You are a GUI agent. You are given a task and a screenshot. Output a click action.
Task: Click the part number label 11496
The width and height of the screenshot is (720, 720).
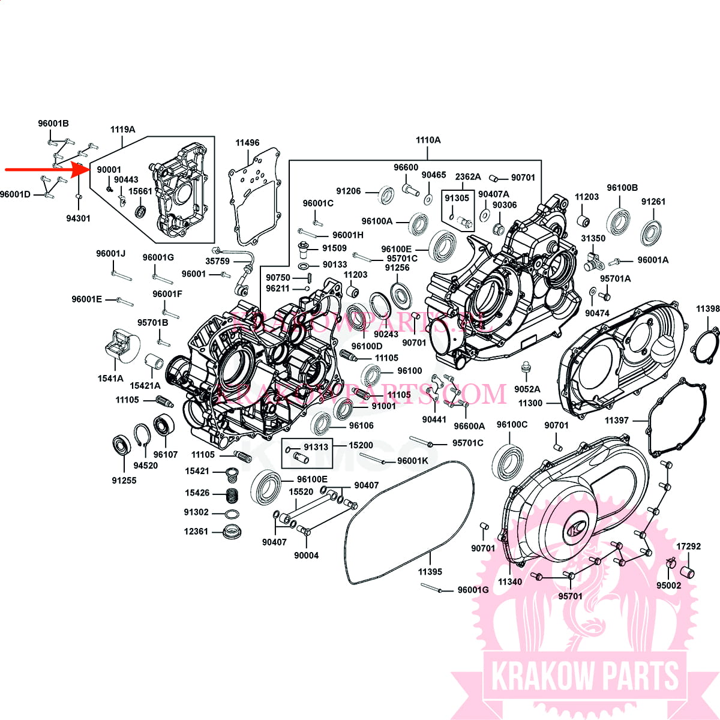[247, 143]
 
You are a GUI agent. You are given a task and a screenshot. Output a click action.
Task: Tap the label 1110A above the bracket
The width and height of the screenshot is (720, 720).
[428, 140]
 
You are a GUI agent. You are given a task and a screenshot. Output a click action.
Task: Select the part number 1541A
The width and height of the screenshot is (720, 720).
[110, 379]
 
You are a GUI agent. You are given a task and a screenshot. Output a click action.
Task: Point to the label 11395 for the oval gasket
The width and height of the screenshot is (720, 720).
[430, 572]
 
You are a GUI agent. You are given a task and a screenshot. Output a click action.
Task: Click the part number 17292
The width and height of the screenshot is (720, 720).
[688, 547]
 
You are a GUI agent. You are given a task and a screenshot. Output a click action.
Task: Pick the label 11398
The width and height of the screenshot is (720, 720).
[707, 309]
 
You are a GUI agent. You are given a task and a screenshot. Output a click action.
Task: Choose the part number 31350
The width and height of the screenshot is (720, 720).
[593, 238]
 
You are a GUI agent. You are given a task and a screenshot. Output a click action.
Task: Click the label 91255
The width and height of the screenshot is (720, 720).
[124, 480]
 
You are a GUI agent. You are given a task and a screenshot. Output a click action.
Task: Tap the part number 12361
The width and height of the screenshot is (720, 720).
[196, 531]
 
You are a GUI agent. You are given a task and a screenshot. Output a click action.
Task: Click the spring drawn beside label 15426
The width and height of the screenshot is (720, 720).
[231, 496]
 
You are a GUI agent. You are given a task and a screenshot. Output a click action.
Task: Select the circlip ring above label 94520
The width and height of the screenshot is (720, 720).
[142, 435]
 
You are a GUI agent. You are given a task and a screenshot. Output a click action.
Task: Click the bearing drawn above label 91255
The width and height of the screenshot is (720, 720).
[122, 446]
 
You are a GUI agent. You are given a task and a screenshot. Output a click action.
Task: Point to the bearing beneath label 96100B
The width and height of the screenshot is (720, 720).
[617, 221]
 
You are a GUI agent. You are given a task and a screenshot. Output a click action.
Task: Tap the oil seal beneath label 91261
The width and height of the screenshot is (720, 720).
[651, 232]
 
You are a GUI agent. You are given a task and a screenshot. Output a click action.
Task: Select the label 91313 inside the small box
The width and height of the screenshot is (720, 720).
[316, 446]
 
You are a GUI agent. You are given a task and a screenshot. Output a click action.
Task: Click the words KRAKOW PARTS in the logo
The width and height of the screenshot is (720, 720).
[584, 676]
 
